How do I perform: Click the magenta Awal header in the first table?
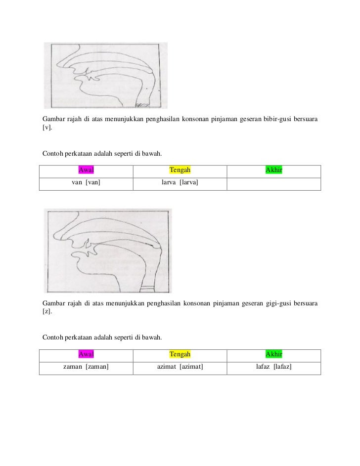pos(87,170)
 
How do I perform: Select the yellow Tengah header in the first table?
pos(180,170)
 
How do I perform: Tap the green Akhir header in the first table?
pos(274,170)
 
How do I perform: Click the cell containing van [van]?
pos(87,183)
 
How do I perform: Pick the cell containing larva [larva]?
pos(180,183)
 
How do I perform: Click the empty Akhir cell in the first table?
pos(274,183)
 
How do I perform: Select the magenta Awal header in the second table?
pos(87,355)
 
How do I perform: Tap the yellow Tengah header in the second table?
pos(180,355)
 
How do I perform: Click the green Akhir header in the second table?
pos(274,355)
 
